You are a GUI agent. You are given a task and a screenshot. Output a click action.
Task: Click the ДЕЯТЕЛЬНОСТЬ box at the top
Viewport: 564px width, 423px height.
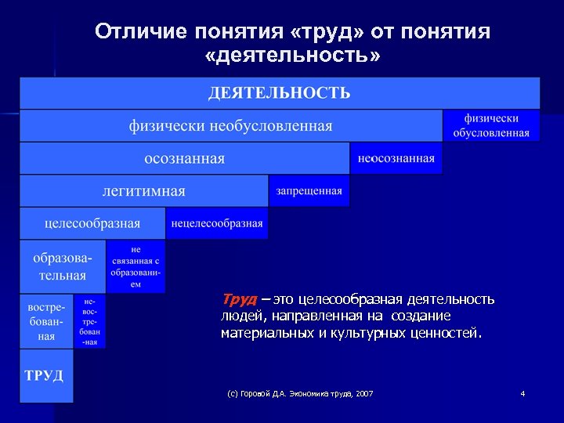279,93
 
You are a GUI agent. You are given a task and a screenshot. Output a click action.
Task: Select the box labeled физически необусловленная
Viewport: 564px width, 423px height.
230,126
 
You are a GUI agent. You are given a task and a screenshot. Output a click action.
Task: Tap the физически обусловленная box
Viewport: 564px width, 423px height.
491,126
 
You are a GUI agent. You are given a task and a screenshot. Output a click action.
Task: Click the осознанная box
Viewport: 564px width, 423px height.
184,158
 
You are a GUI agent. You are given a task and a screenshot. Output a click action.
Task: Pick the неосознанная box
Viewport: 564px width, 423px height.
396,158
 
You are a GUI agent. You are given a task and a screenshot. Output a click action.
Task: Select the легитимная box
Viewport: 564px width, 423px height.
143,191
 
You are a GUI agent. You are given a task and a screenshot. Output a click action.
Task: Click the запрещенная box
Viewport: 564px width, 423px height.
309,191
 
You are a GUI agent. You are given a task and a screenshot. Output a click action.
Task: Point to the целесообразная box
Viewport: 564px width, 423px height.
92,223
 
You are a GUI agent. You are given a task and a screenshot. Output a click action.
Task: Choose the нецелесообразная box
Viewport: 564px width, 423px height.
216,223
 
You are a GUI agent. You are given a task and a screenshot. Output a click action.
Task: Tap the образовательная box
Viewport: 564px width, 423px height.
63,266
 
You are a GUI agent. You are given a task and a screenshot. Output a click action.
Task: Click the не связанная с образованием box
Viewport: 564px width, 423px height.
136,266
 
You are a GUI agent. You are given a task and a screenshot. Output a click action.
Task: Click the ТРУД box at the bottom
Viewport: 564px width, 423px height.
45,375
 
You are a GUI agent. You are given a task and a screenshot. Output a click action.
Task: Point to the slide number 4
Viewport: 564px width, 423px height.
522,392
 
